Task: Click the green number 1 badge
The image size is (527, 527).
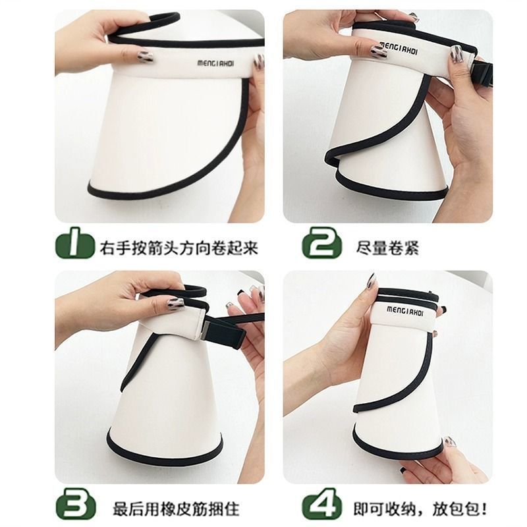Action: point(75,243)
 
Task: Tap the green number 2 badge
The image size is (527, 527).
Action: point(321,242)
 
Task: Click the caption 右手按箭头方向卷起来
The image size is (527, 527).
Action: point(179,248)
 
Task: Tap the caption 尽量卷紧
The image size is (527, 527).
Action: point(387,248)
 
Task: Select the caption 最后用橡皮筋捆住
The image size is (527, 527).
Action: point(176,509)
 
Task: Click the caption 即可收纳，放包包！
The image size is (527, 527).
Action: point(420,508)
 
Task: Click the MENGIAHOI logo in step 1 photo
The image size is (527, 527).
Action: point(215,63)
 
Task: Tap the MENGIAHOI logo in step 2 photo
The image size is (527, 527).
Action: point(399,48)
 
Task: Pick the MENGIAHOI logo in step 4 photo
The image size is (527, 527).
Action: point(405,311)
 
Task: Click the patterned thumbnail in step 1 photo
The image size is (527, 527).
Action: point(144,57)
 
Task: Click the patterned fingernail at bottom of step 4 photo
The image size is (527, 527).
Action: point(451,441)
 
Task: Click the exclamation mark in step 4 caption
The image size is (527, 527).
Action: point(484,508)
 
